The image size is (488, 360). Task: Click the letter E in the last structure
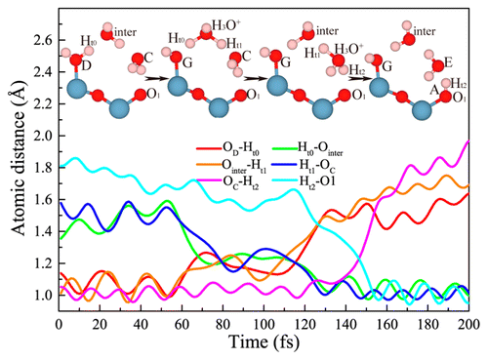[x=447, y=61]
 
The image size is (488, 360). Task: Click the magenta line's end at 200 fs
[x=468, y=142]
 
